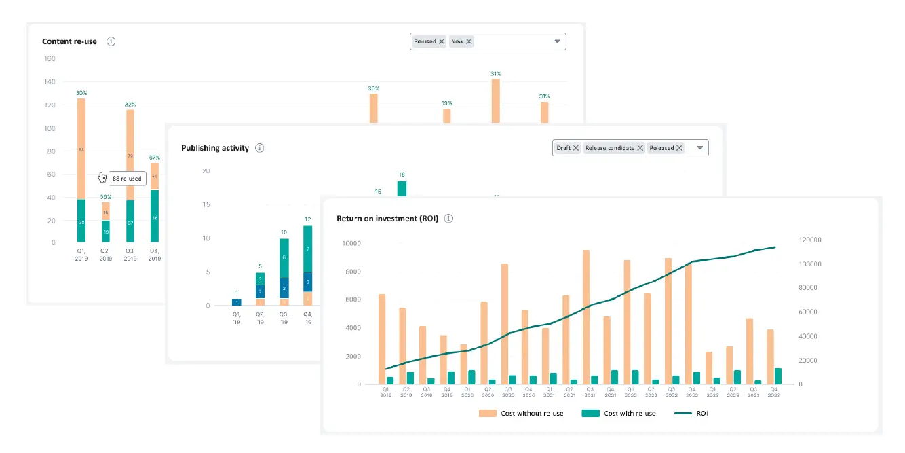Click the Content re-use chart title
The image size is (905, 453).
point(69,41)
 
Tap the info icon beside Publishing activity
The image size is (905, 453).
point(259,148)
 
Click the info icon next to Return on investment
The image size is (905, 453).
point(448,219)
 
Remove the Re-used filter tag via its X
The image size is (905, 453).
point(442,41)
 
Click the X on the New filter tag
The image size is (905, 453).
point(469,41)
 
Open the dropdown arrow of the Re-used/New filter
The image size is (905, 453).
point(558,41)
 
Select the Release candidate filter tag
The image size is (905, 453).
point(611,148)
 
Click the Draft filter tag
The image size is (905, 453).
point(564,148)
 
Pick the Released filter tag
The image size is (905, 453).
point(661,148)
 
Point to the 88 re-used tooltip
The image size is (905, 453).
point(127,179)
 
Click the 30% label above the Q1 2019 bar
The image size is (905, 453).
point(81,93)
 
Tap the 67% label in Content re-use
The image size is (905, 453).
point(155,157)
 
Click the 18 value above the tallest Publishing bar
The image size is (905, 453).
point(402,175)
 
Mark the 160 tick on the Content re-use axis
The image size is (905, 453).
point(50,59)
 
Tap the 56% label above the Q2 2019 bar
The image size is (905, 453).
point(106,197)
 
